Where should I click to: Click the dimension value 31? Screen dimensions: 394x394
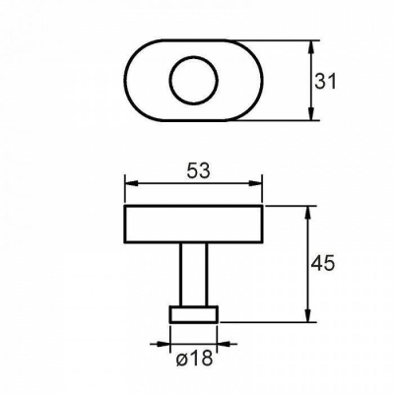pos(325,82)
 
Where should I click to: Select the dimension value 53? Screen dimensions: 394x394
pos(198,170)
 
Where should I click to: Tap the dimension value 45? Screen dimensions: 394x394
pos(323,263)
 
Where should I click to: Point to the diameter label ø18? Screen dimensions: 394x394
pos(194,359)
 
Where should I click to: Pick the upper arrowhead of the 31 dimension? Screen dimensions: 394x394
pos(311,48)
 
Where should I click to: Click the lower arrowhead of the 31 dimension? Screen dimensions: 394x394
pos(311,113)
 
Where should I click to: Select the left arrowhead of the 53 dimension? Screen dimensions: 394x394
pos(132,183)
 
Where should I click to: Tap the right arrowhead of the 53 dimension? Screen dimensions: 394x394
pos(255,183)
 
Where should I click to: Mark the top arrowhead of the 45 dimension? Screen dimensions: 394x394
pos(307,214)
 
